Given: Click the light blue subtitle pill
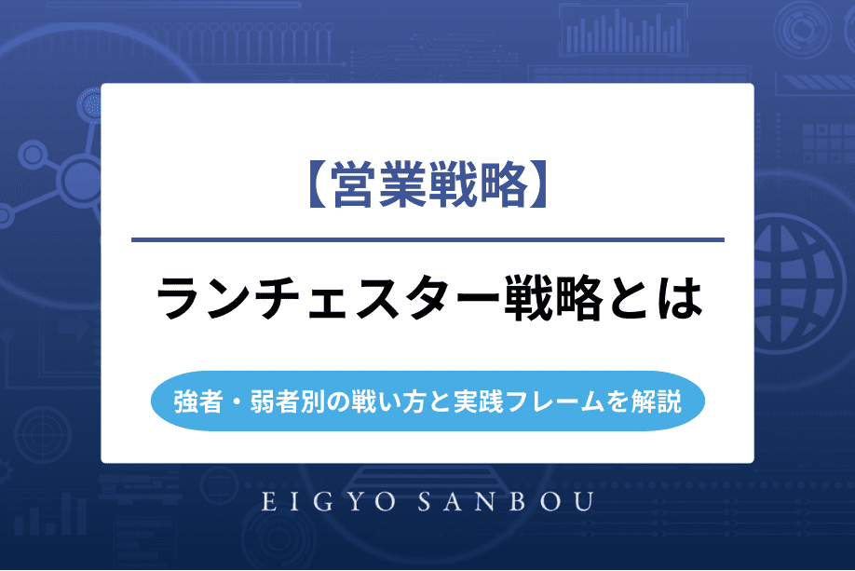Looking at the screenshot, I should click(x=427, y=403).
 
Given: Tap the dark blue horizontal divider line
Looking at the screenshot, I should click(x=427, y=240).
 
